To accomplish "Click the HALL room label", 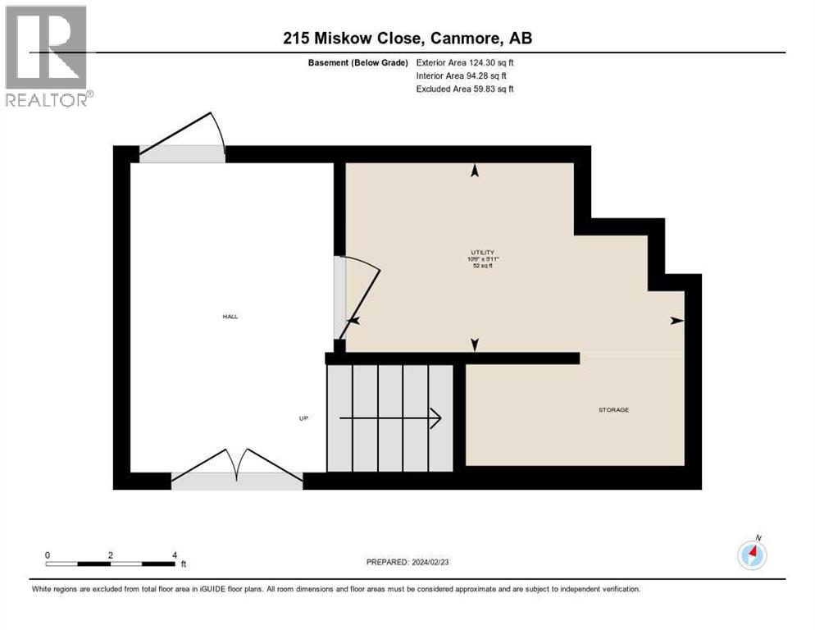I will coord(230,316).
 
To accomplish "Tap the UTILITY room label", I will coord(483,252).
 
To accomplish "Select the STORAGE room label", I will coord(613,409).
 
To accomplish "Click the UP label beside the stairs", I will coord(303,418).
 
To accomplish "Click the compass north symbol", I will coord(752,555).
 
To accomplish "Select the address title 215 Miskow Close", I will coord(407,39).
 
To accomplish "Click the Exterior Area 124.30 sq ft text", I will coord(465,62).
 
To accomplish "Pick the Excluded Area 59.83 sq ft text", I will coord(465,89).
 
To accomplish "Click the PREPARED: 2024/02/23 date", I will coord(408,562).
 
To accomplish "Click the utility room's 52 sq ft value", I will coord(483,267).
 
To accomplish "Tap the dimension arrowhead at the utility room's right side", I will coord(676,320).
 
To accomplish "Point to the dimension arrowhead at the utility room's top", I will coord(474,171).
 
